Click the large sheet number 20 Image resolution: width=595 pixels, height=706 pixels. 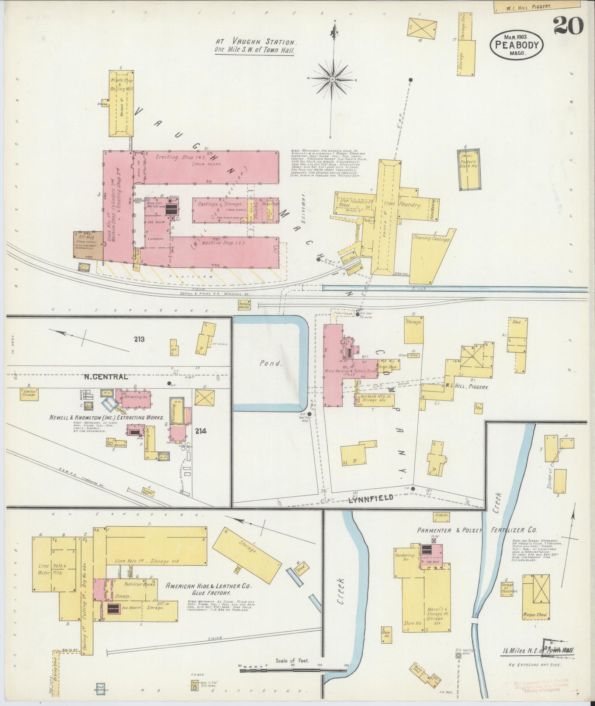tap(568, 25)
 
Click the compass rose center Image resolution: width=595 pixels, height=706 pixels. tap(333, 79)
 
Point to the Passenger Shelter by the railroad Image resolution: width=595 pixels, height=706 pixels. tap(243, 305)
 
